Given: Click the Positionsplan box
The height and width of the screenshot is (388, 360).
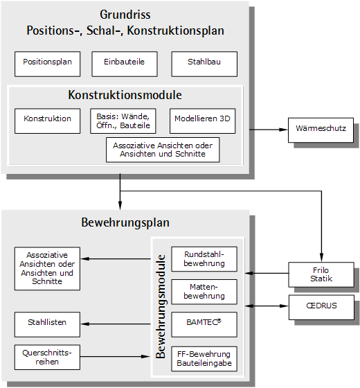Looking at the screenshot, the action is [48, 64].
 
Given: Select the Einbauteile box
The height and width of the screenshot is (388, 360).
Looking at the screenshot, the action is [125, 64].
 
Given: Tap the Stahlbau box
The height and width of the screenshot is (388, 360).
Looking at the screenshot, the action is [204, 64].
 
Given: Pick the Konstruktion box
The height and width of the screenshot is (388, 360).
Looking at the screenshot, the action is [48, 121].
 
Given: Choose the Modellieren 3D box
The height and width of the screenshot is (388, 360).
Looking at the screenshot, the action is [202, 121].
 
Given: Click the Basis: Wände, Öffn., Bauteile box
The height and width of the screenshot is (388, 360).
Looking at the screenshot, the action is [123, 121].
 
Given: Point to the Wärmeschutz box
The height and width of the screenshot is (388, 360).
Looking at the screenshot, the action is [321, 130].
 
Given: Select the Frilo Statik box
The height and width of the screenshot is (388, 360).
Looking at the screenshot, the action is [321, 274].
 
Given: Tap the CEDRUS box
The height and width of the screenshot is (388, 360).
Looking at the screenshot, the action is [321, 307].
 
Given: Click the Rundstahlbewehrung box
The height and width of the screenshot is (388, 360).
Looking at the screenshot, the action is [204, 259].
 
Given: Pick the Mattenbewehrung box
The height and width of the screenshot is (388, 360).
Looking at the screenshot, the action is [204, 292].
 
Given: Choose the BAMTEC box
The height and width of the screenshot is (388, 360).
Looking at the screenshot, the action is [204, 324].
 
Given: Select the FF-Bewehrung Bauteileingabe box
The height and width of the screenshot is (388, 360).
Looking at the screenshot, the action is [204, 359].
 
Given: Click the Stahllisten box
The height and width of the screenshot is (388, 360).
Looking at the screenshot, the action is [47, 324].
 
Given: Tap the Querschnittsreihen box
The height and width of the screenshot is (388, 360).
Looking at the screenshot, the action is [47, 357].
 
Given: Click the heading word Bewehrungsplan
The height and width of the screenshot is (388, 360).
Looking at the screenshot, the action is [125, 222].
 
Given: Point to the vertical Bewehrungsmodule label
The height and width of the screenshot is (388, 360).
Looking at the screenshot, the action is [161, 306].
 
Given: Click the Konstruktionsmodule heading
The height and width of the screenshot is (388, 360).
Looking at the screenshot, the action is [125, 95].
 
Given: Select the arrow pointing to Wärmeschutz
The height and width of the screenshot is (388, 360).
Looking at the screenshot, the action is [269, 130].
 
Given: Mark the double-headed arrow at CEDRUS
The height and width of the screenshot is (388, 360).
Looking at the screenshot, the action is [267, 306].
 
